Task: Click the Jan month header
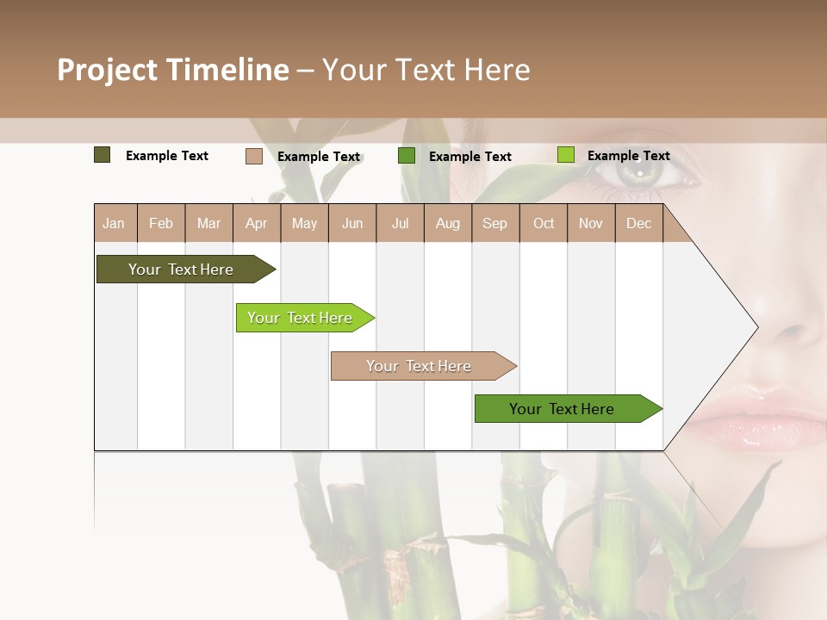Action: point(115,223)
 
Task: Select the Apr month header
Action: point(257,223)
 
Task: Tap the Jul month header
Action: point(400,223)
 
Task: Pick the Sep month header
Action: point(494,223)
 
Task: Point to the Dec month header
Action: point(638,223)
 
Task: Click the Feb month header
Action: point(161,223)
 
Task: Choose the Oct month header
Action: point(544,223)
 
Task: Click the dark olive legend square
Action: point(103,155)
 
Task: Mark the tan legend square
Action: point(254,156)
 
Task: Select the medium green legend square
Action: point(407,156)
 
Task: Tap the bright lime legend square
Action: point(566,155)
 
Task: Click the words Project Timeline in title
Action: point(173,70)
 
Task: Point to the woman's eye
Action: point(644,172)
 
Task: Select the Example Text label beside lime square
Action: point(628,156)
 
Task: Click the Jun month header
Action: point(352,223)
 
